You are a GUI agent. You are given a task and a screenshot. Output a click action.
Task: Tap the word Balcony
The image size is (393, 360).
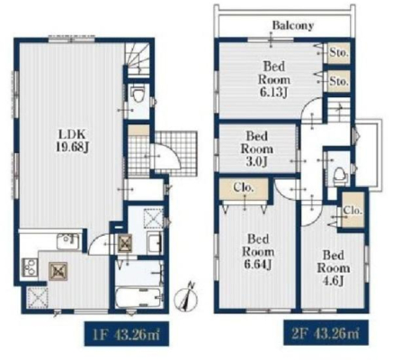click(x=293, y=25)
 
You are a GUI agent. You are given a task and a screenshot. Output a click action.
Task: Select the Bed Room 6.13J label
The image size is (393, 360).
click(x=274, y=80)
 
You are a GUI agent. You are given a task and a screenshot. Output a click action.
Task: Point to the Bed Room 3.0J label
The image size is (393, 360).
click(x=257, y=148)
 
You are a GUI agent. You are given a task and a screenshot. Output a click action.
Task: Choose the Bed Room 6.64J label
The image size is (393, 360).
click(x=258, y=252)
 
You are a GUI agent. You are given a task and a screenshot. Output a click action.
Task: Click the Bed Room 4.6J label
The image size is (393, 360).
click(x=333, y=268)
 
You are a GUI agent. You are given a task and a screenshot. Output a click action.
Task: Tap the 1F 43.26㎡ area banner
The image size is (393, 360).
click(x=127, y=334)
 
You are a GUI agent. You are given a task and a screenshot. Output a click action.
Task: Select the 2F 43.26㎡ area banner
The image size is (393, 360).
click(x=326, y=332)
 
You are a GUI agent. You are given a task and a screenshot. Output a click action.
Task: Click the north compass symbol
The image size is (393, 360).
click(x=186, y=298)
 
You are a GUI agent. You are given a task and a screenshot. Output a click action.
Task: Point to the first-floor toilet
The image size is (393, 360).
click(x=138, y=94)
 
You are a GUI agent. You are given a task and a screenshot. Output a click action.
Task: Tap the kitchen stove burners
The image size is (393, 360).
click(x=30, y=267)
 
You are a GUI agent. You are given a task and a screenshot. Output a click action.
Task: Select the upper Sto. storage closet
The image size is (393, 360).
click(x=338, y=53)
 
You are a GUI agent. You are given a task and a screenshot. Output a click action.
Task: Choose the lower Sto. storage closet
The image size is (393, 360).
click(x=338, y=81)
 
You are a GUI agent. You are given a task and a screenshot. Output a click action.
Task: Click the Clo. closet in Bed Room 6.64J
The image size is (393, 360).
click(x=244, y=188)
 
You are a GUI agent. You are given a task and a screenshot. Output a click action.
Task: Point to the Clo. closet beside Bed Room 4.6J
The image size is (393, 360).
click(x=353, y=210)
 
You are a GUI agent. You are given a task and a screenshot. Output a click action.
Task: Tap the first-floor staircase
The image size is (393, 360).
click(x=138, y=58)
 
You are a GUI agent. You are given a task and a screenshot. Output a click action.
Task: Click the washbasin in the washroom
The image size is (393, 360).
click(x=155, y=243)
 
